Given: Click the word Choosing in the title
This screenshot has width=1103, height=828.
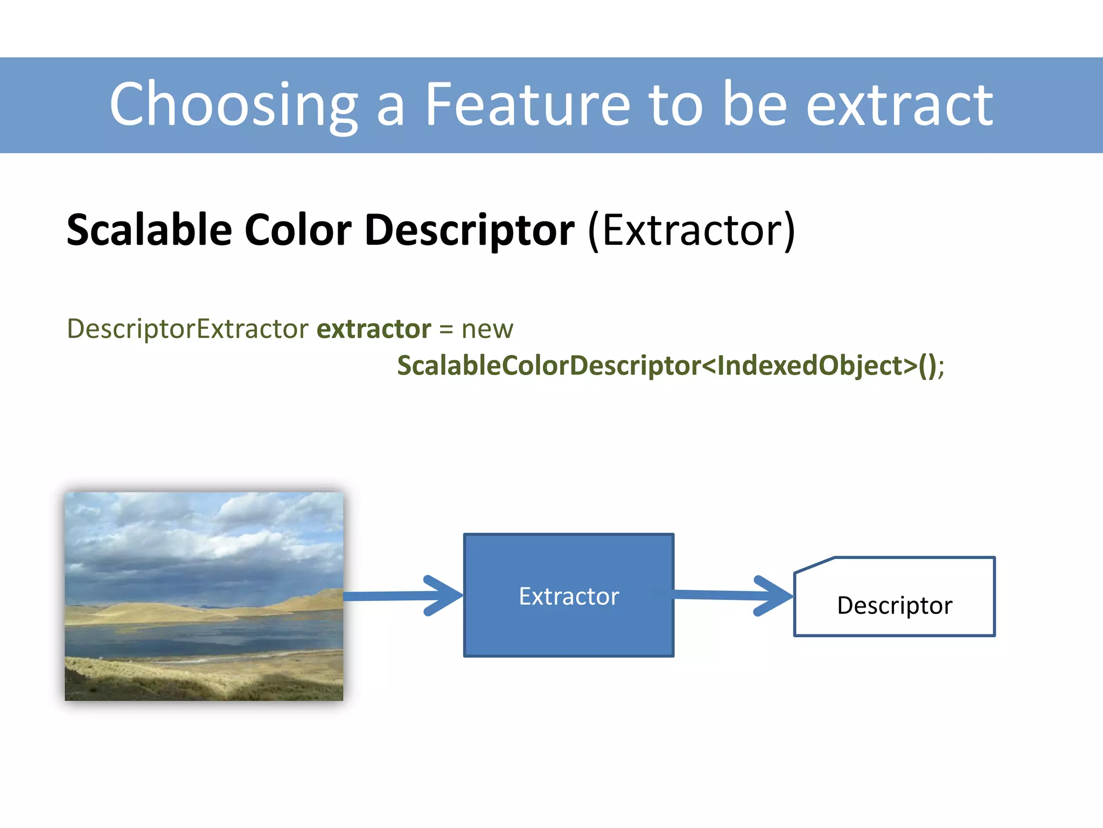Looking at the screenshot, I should click(x=234, y=104).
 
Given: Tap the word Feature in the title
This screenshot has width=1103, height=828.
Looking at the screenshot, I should click(x=527, y=104).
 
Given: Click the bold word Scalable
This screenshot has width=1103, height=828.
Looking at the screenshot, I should click(x=149, y=230).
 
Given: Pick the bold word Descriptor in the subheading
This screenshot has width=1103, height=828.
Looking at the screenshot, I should click(x=470, y=230).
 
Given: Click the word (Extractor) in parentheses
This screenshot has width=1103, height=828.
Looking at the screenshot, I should click(x=692, y=230).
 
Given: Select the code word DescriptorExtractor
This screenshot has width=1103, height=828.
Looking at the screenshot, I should click(x=187, y=329).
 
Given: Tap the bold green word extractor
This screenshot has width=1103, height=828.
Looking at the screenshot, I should click(x=374, y=329).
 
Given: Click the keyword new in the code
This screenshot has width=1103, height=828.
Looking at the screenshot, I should click(x=487, y=329).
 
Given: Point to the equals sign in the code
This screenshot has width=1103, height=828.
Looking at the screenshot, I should click(x=446, y=329).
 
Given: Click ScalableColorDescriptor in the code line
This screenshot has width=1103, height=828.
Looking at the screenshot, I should click(x=549, y=365).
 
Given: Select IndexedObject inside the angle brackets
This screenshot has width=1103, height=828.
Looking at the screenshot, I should click(x=809, y=365).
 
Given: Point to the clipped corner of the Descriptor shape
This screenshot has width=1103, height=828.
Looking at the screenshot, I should click(x=813, y=565).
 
